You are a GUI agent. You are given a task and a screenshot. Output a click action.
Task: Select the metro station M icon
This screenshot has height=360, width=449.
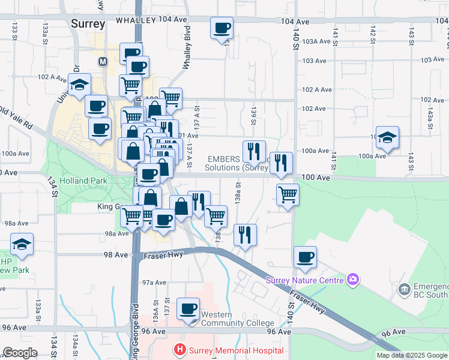(x=103, y=61)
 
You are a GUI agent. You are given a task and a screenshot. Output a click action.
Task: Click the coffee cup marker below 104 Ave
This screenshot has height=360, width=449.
(x=221, y=28)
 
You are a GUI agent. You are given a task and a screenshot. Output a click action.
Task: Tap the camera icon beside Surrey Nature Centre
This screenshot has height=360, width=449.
(x=353, y=280)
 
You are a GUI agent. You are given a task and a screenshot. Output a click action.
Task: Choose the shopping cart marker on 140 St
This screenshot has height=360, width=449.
(x=288, y=195)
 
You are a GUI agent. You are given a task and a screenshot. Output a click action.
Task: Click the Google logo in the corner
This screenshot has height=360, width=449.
(x=20, y=353)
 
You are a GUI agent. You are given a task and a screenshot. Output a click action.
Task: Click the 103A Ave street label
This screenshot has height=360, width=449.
(x=317, y=41)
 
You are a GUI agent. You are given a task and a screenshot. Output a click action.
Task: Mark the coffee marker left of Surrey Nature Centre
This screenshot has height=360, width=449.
(x=305, y=257)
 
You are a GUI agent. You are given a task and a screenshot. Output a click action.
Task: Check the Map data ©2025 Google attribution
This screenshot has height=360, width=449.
(x=412, y=355)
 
